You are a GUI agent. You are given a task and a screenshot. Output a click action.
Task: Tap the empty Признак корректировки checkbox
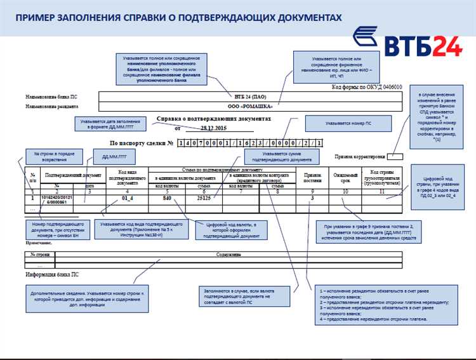[x=394, y=155]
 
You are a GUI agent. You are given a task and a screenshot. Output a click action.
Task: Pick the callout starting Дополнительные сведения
[x=91, y=297]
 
